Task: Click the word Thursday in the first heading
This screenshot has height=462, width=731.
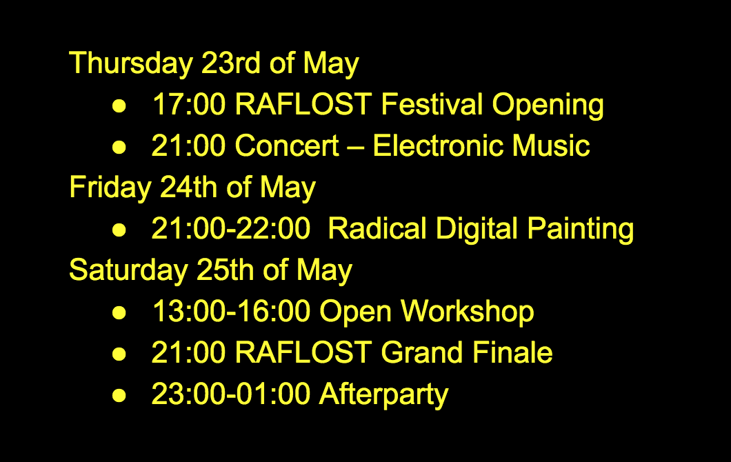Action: click(x=131, y=63)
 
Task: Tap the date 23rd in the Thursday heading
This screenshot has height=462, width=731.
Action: click(x=231, y=63)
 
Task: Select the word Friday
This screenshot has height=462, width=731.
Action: click(x=110, y=188)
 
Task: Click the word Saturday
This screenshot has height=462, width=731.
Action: click(x=129, y=270)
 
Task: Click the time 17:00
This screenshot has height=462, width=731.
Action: click(x=189, y=104)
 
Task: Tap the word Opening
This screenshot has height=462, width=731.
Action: click(x=548, y=105)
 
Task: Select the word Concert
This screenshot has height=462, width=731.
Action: click(x=287, y=145)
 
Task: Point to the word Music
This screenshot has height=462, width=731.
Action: click(x=551, y=145)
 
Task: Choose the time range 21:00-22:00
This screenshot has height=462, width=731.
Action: click(x=231, y=228)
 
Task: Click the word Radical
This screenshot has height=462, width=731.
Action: click(x=377, y=228)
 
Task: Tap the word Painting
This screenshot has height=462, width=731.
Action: click(x=581, y=230)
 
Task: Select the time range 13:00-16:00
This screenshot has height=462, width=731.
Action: click(x=231, y=312)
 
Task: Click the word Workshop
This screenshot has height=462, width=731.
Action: click(x=467, y=312)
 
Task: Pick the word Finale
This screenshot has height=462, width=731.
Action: click(x=512, y=352)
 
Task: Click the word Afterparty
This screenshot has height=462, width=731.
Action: click(x=383, y=395)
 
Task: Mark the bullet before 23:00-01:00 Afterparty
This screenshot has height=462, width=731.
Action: click(x=119, y=395)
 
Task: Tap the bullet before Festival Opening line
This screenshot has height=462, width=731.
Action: click(x=119, y=106)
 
